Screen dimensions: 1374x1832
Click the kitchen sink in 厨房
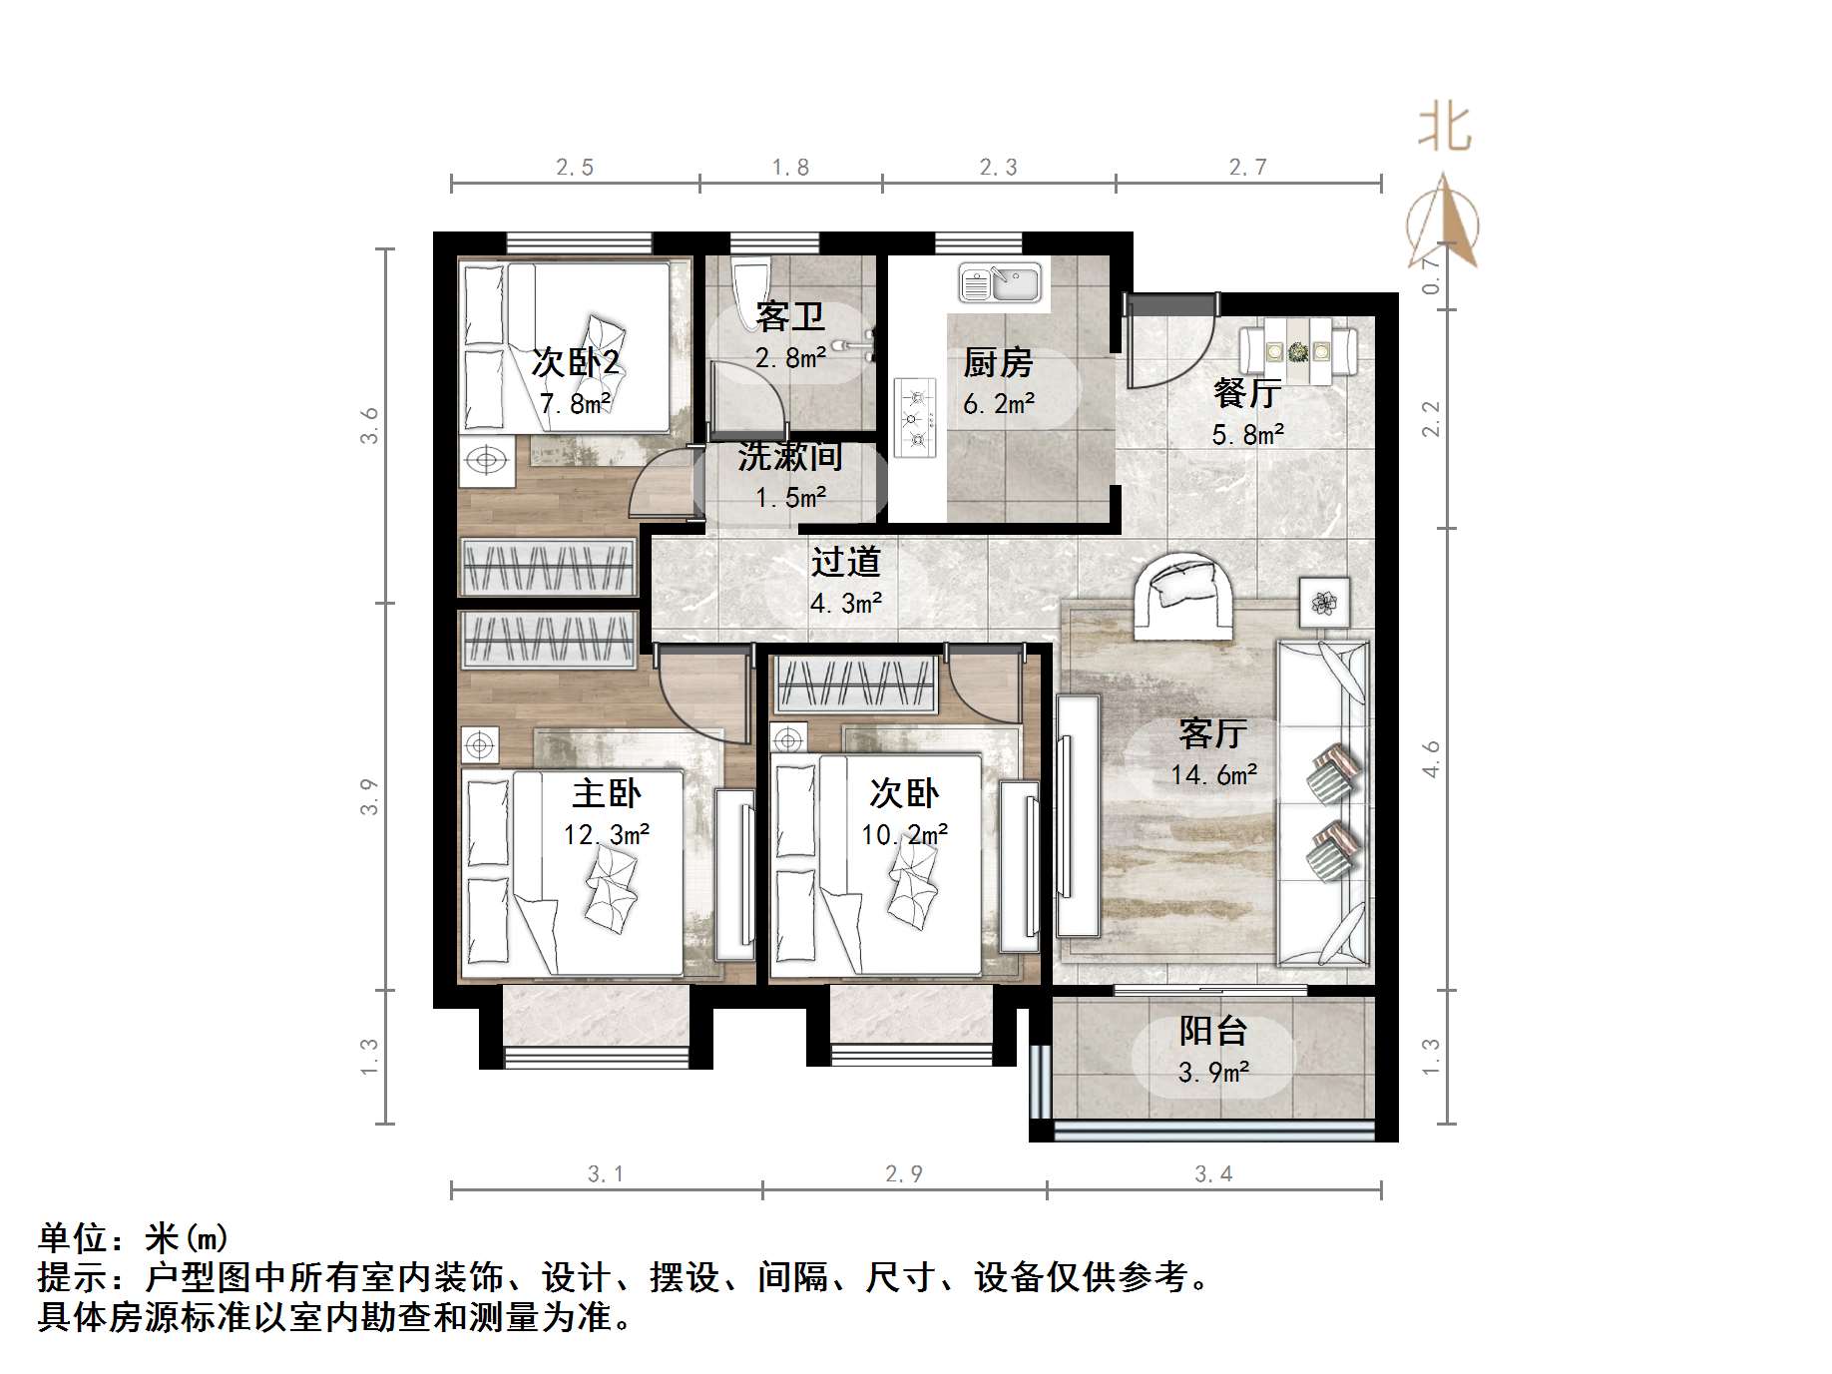coord(1000,283)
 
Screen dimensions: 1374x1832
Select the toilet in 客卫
coord(749,290)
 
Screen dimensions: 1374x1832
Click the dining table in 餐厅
coord(1298,351)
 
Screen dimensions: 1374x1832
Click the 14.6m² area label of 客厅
coord(1213,774)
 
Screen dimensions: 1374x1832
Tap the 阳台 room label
coord(1213,1031)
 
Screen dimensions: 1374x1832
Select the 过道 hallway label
coord(845,562)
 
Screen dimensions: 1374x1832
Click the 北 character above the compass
coord(1444,129)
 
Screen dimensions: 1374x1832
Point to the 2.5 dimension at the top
coord(575,168)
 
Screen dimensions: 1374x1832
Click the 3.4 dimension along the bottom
coord(1213,1174)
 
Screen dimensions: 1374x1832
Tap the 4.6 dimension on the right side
coord(1431,758)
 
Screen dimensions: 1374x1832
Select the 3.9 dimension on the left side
coord(369,796)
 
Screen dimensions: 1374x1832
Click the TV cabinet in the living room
coord(1078,815)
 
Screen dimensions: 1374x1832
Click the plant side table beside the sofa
coord(1324,602)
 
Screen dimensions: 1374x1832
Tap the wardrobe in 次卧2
coord(548,567)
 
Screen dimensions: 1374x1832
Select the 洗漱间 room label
coord(790,456)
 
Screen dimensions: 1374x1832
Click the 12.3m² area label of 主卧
coord(607,834)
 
